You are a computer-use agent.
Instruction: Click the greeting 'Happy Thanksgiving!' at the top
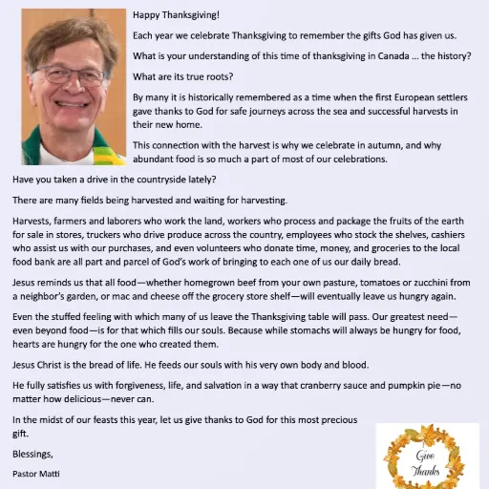pos(176,15)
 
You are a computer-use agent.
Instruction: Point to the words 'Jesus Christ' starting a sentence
pos(41,365)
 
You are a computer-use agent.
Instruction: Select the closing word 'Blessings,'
pos(33,454)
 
